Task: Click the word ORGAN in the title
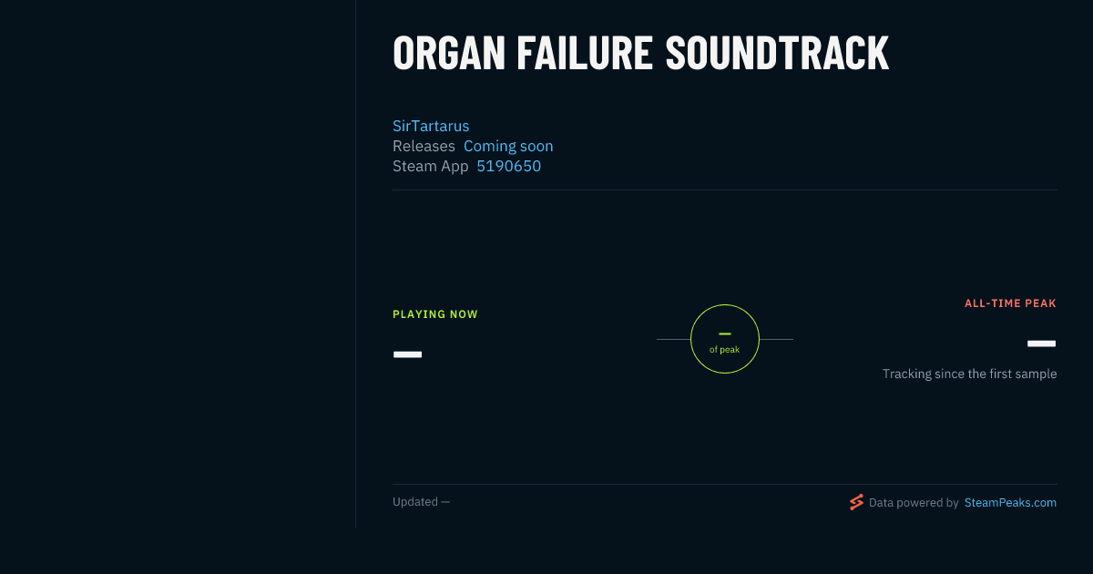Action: tap(449, 53)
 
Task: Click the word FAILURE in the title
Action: tap(585, 53)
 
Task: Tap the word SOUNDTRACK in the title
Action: tap(777, 53)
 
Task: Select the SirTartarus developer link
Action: tap(431, 126)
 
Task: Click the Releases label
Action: tap(424, 146)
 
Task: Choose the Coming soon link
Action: tap(508, 146)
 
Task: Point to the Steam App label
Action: tap(430, 167)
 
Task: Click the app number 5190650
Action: tap(509, 167)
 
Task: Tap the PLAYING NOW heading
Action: tap(435, 314)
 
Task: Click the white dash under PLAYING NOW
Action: tap(407, 354)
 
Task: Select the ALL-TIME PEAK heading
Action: tap(1010, 303)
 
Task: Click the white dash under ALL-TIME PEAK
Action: tap(1041, 343)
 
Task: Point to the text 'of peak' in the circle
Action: tap(725, 350)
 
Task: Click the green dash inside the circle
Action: tap(725, 333)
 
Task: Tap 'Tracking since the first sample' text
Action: tap(969, 374)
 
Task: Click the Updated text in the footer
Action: tap(421, 502)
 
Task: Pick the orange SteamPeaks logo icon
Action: tap(856, 502)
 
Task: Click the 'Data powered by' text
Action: tap(914, 503)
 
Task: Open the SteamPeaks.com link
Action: tap(1010, 503)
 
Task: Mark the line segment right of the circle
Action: tap(776, 339)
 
